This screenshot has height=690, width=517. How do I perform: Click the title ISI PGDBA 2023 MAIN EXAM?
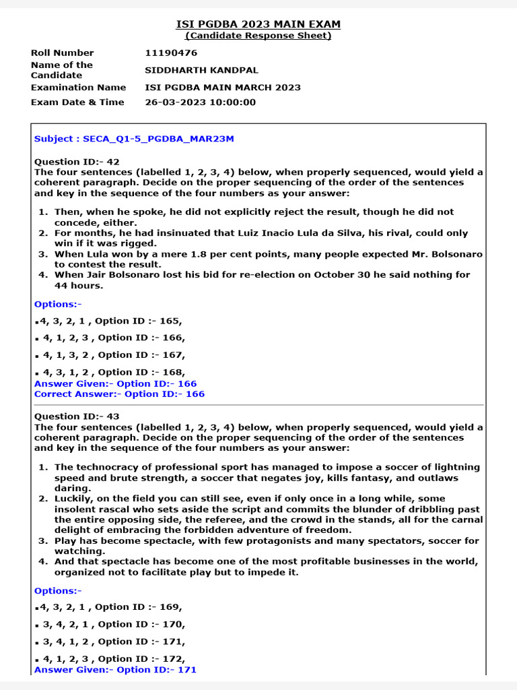click(x=258, y=24)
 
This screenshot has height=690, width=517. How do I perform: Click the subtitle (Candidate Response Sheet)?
click(x=258, y=36)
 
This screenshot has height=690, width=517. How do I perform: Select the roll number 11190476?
click(x=171, y=53)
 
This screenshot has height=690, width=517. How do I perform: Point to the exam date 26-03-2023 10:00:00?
click(x=201, y=102)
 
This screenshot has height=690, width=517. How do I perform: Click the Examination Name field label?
click(x=78, y=88)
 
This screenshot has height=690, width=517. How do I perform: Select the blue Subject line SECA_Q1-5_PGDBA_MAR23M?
click(x=134, y=139)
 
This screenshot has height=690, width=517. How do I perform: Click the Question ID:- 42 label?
click(x=77, y=162)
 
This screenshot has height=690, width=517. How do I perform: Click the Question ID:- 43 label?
click(x=77, y=416)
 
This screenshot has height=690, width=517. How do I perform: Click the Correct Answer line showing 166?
click(x=119, y=394)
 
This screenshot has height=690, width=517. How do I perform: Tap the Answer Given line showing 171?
click(x=115, y=670)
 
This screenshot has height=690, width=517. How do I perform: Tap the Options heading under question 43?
click(x=57, y=591)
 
